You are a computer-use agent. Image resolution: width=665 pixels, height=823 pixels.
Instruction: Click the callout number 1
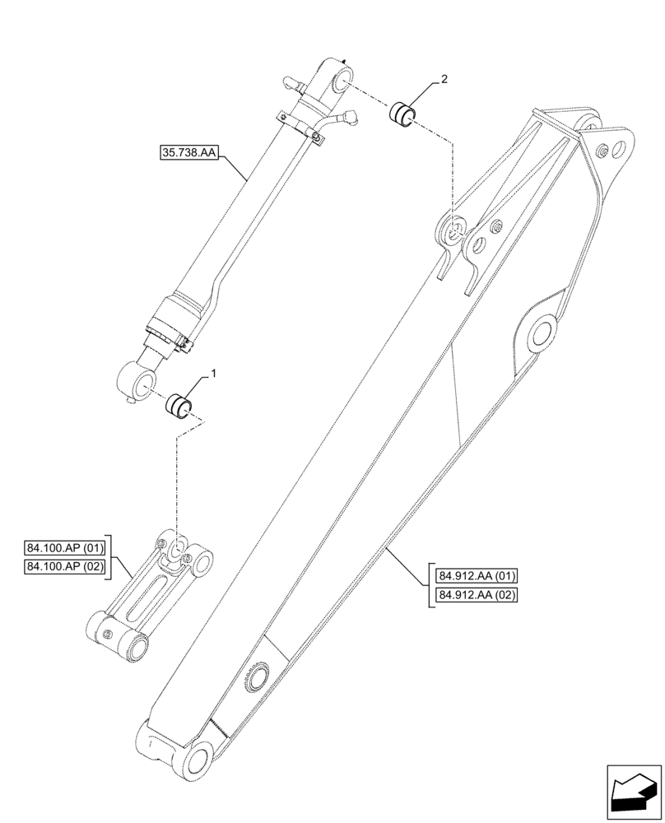[214, 373]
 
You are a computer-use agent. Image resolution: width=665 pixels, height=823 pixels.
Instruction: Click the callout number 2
[444, 79]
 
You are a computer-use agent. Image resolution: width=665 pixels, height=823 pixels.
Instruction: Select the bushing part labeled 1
[179, 406]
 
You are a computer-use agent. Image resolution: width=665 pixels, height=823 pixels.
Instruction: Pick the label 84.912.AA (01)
[472, 576]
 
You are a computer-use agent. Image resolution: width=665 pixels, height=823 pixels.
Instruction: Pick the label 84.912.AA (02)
[472, 594]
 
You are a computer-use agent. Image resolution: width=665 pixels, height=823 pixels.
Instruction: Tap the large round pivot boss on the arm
[541, 334]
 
